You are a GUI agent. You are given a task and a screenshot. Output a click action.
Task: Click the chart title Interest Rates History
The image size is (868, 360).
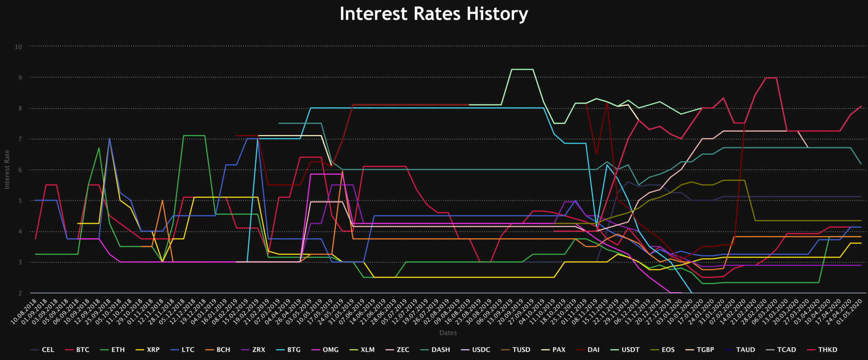[x=434, y=14]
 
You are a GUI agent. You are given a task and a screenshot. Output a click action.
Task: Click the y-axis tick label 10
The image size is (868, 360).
[x=18, y=47]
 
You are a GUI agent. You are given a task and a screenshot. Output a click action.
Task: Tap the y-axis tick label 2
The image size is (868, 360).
[x=19, y=293]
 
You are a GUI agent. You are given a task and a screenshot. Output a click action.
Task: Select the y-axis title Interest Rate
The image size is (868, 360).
[x=7, y=169]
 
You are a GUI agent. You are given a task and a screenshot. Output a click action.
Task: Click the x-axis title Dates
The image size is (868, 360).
[x=448, y=333]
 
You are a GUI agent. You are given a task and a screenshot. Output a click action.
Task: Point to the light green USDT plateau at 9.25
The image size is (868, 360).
[x=522, y=69]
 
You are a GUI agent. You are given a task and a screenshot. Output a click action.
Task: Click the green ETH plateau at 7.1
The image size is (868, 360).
[x=194, y=136]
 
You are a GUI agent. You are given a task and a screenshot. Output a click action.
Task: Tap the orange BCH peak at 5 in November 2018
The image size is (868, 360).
[x=162, y=201]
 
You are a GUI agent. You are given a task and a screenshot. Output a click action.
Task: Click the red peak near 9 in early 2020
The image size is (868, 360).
[x=771, y=78]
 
